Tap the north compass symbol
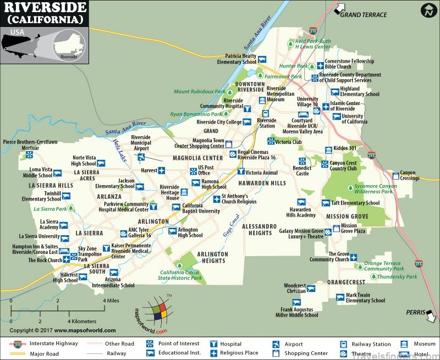[428, 10]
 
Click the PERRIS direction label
[416, 312]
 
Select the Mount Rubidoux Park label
[199, 92]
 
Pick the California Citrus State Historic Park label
[180, 275]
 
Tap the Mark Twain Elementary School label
[365, 298]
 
